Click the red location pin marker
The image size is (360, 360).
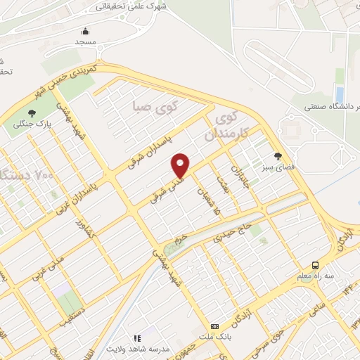tap(181, 165)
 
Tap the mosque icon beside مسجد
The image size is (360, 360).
tap(86, 32)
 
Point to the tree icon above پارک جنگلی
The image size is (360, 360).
tap(32, 112)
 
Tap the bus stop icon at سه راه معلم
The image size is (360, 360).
tap(316, 265)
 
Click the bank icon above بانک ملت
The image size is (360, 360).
tap(214, 326)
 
